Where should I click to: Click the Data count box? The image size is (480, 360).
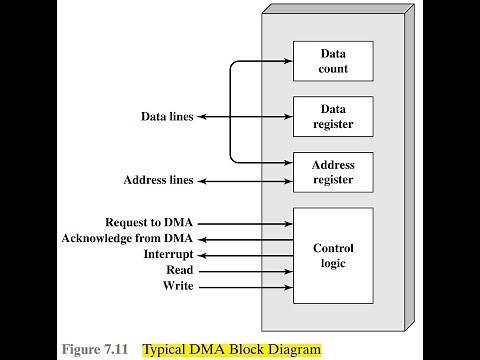(332, 62)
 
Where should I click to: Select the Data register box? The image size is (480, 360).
(332, 117)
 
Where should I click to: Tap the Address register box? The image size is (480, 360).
(332, 172)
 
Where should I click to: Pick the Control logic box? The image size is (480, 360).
(332, 255)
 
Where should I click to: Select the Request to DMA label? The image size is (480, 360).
(149, 221)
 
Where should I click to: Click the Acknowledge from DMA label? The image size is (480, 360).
(127, 238)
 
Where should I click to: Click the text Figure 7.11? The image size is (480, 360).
(97, 350)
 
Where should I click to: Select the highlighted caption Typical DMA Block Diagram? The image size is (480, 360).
(232, 350)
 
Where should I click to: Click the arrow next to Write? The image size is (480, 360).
(246, 287)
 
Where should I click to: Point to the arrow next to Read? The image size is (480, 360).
(246, 270)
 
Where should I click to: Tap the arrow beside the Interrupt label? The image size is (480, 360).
(246, 254)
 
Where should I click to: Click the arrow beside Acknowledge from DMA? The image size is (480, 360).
(246, 238)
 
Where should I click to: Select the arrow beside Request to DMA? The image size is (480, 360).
(246, 221)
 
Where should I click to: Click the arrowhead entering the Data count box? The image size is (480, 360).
(286, 62)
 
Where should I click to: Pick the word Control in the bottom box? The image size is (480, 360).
(332, 248)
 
